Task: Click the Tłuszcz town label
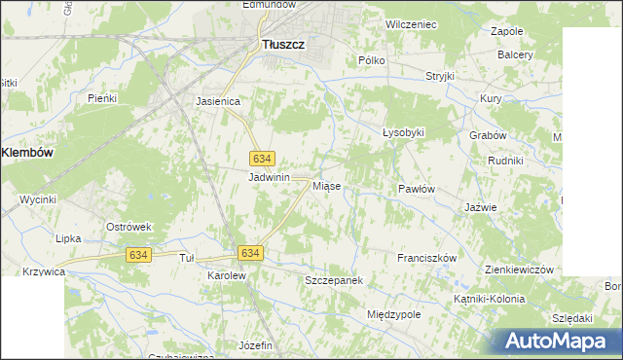click(285, 43)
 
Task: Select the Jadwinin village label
click(270, 178)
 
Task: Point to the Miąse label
click(326, 186)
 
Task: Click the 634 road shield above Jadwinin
click(262, 158)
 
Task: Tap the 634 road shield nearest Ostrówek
click(138, 254)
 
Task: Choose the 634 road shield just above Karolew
click(250, 253)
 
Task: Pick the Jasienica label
click(218, 100)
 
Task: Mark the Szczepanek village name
click(334, 280)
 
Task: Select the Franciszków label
click(426, 258)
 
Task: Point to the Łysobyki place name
click(403, 132)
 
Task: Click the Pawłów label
click(416, 189)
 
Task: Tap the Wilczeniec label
click(411, 23)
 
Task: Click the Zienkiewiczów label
click(519, 270)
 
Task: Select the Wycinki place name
click(38, 199)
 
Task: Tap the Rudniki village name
click(506, 161)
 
